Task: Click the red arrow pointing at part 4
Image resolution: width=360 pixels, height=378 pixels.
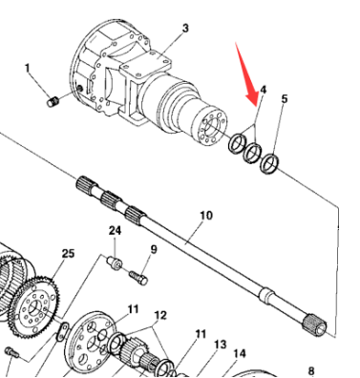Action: click(x=247, y=75)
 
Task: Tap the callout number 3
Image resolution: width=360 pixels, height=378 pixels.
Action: click(x=185, y=28)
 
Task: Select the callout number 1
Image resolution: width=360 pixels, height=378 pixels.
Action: click(x=27, y=68)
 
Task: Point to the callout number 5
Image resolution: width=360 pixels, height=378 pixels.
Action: click(x=285, y=98)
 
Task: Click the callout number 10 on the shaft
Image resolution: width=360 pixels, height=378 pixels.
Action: click(x=206, y=216)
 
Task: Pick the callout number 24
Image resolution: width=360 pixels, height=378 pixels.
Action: click(x=115, y=230)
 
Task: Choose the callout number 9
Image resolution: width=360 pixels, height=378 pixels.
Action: click(x=154, y=249)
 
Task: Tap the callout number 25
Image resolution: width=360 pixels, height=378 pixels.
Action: click(x=68, y=254)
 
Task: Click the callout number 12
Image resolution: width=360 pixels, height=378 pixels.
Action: click(x=160, y=315)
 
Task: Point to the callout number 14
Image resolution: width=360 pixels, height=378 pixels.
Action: click(x=240, y=353)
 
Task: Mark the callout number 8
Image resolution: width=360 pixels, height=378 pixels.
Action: click(x=311, y=370)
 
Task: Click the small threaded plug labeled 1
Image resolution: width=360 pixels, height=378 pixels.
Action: click(x=53, y=102)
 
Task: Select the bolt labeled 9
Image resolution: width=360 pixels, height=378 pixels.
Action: click(x=138, y=277)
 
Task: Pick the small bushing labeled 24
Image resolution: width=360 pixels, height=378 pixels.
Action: click(x=115, y=262)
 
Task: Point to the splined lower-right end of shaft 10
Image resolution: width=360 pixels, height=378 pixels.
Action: click(x=314, y=325)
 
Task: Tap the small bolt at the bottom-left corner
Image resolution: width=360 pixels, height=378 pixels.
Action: click(x=11, y=352)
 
